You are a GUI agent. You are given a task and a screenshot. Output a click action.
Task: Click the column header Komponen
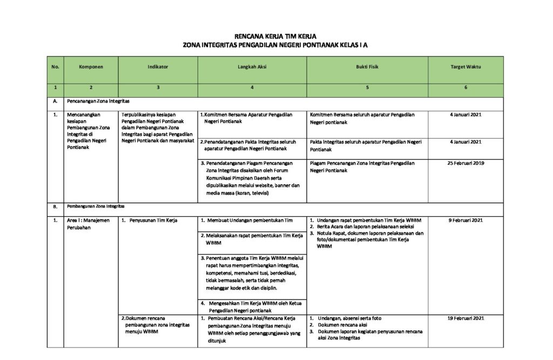91,67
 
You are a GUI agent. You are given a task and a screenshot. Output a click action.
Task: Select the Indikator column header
158,67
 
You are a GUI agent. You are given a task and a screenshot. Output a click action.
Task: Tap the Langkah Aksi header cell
252,67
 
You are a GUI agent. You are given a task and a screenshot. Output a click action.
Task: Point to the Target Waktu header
466,67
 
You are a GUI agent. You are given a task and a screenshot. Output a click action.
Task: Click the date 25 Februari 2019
466,162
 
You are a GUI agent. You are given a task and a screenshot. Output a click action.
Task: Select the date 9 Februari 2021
466,220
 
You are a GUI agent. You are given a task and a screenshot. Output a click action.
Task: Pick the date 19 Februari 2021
466,318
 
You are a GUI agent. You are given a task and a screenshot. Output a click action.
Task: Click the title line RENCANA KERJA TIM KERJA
276,36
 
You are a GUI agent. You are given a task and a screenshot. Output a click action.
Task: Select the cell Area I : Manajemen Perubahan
87,223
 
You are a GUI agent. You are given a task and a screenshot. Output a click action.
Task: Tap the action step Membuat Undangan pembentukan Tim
249,220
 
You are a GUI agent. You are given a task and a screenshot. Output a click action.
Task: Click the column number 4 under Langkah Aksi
252,87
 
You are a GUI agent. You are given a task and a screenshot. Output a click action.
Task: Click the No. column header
55,67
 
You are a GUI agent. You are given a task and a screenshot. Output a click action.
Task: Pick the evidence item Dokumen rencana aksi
342,325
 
